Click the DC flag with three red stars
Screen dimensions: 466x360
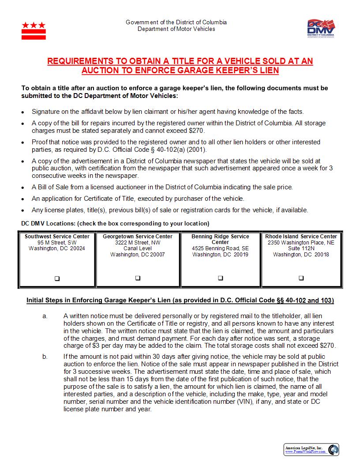pos(34,30)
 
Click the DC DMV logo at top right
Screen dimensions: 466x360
pos(321,29)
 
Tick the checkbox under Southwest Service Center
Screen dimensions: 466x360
pos(57,278)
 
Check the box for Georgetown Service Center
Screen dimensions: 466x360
pos(138,278)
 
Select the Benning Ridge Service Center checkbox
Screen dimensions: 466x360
pos(221,278)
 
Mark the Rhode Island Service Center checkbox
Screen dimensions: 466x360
pos(301,278)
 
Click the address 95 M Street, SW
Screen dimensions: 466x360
pos(57,243)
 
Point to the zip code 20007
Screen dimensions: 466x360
pos(156,255)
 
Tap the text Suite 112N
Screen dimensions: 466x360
pos(301,248)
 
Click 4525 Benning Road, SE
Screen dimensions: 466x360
pos(220,248)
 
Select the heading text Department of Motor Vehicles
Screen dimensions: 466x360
pos(176,29)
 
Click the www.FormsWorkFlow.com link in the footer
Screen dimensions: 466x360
pos(304,452)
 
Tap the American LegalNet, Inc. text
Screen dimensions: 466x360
pos(304,447)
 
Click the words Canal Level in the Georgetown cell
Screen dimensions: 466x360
pos(138,248)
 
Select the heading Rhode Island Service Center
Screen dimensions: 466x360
pos(301,237)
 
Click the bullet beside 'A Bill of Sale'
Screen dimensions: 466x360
pos(23,188)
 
